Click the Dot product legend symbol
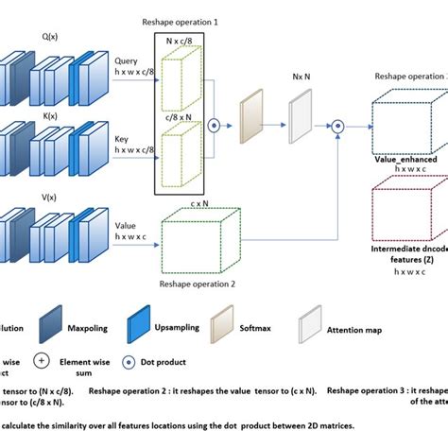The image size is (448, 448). click(122, 362)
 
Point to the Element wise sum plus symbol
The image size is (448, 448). click(41, 362)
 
